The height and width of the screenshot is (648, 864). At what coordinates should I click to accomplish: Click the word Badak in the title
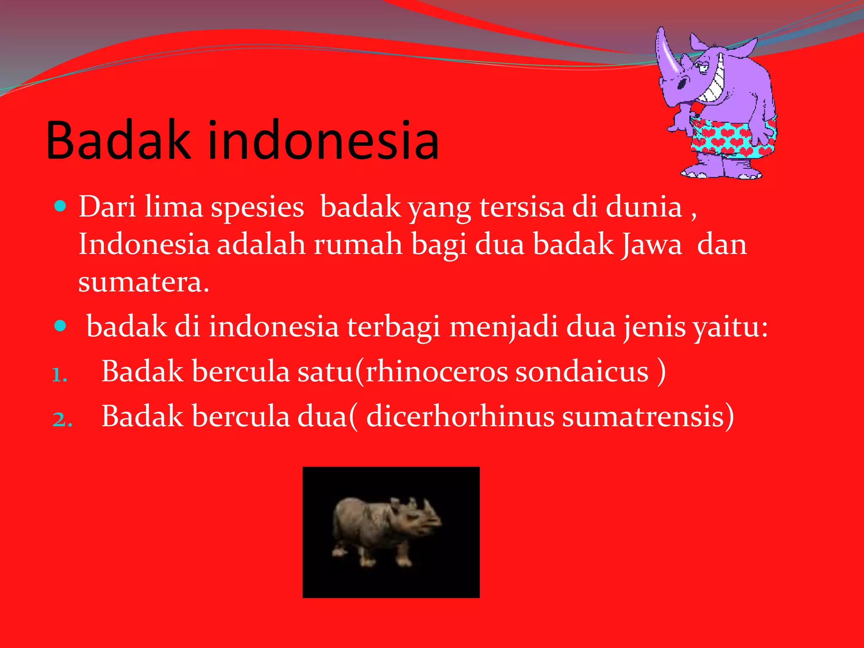tap(118, 140)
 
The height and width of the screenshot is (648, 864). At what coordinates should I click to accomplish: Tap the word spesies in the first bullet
tap(257, 207)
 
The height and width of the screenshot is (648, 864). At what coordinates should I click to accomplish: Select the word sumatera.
tap(143, 282)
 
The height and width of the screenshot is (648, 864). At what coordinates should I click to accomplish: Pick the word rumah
tap(358, 245)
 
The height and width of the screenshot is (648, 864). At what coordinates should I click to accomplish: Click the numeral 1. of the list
tap(60, 375)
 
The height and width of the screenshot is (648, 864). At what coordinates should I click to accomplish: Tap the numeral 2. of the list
tap(62, 419)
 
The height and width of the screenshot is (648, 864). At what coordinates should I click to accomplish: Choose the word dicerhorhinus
tap(460, 417)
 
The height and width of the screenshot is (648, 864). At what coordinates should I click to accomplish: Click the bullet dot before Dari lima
tap(61, 206)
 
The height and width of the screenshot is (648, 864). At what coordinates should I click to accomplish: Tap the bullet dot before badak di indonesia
tap(61, 326)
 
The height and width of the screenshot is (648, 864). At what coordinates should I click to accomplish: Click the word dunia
tap(644, 207)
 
